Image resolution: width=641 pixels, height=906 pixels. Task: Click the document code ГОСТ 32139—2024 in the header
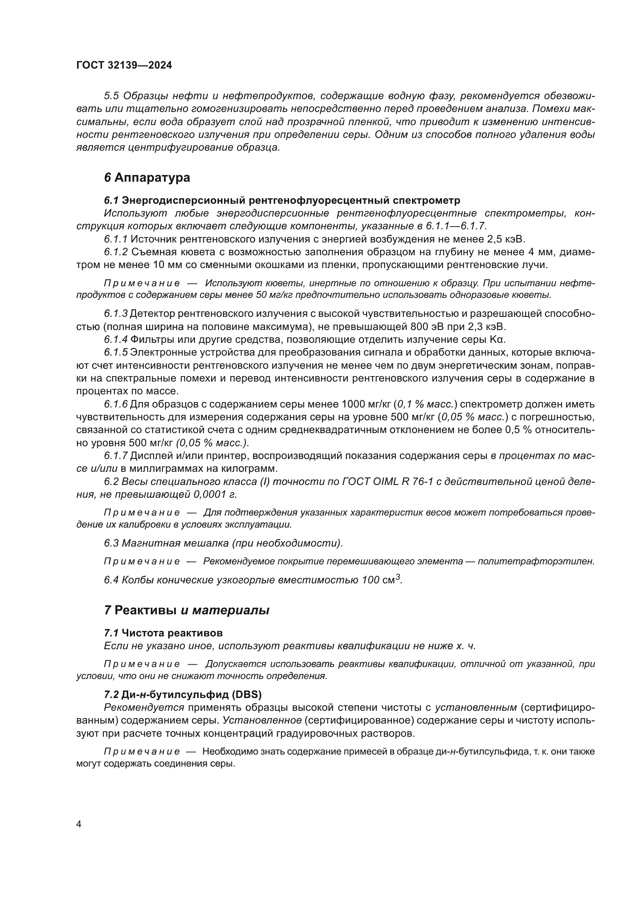pyautogui.click(x=124, y=65)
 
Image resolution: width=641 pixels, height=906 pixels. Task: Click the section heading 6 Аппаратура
pyautogui.click(x=147, y=177)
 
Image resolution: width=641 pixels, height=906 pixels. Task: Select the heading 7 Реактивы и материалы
pyautogui.click(x=186, y=610)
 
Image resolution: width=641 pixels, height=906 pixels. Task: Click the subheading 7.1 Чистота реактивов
pyautogui.click(x=164, y=633)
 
